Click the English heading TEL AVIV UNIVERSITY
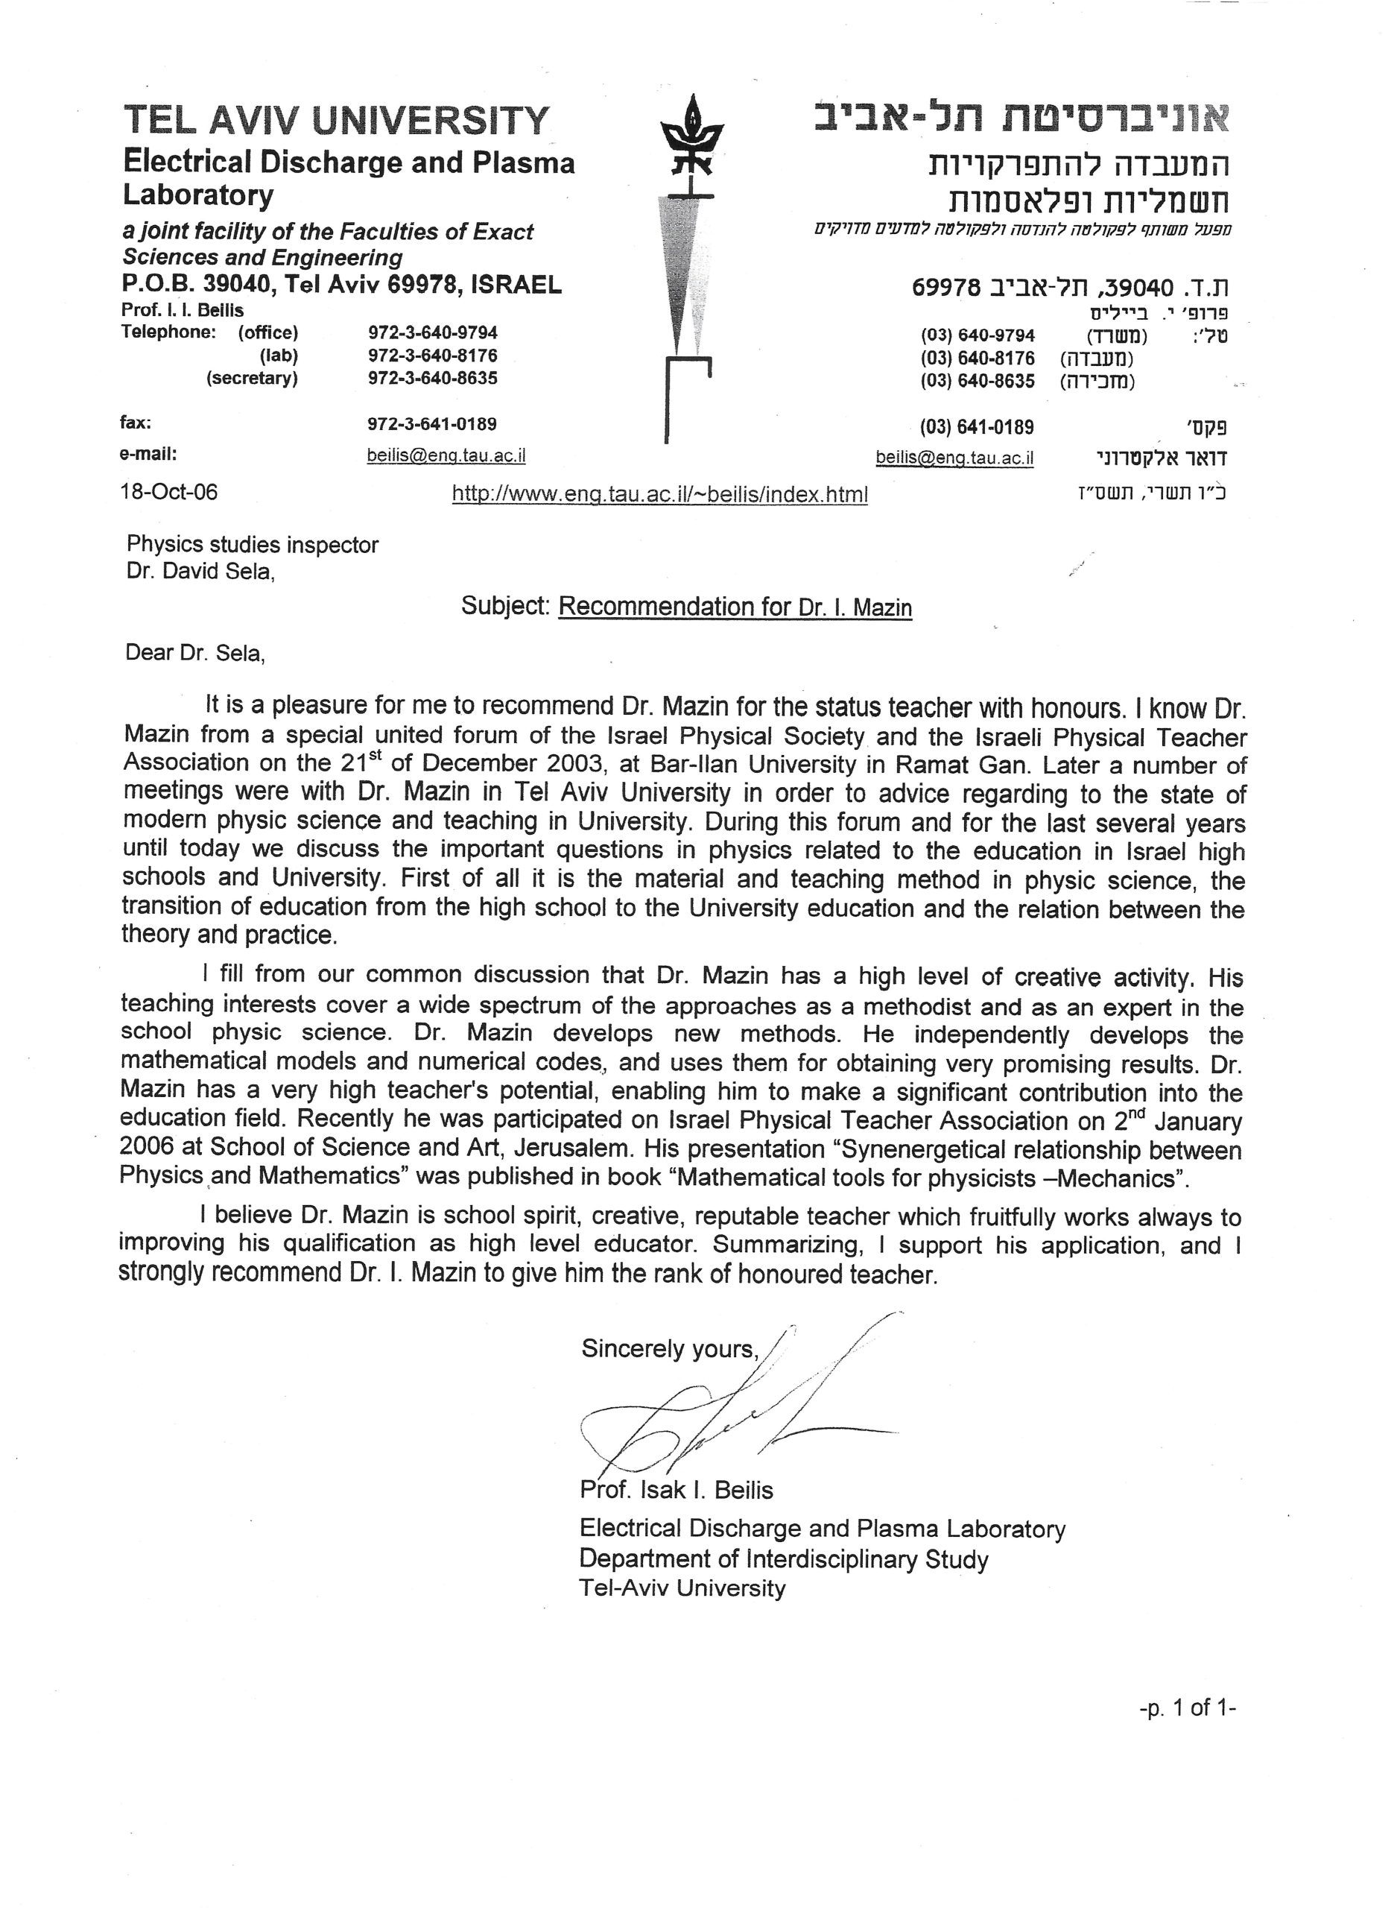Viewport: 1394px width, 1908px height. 336,121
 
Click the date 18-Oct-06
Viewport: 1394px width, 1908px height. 169,491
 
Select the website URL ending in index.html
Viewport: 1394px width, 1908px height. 659,493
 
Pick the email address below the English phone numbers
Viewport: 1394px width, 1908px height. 446,455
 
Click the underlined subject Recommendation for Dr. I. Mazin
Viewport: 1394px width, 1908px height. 735,607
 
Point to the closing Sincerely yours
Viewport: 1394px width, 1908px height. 670,1349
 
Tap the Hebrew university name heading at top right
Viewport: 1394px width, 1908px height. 1021,120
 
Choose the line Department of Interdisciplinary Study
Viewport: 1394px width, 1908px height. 783,1558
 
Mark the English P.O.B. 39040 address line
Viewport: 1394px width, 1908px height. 342,285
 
